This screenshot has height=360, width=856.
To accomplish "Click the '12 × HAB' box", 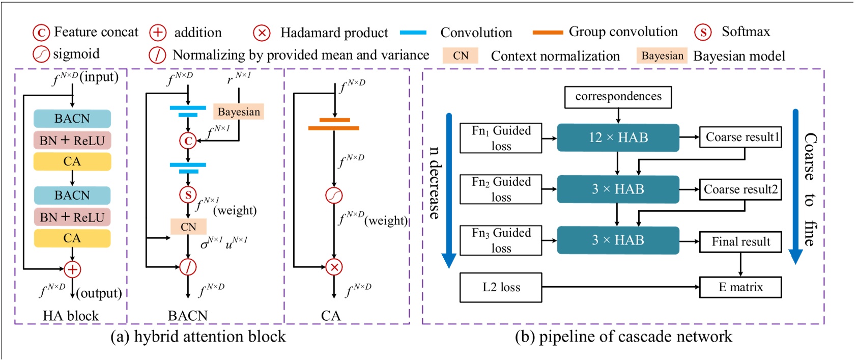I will [618, 137].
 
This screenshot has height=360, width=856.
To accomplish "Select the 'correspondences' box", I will [618, 97].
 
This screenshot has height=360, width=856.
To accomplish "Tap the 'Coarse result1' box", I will [740, 137].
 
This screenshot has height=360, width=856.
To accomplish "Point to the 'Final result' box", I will [740, 241].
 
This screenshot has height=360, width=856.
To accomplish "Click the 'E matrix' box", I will [740, 287].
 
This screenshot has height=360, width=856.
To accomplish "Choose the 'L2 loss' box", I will [501, 287].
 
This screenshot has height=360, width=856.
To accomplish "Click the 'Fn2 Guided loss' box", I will [501, 189].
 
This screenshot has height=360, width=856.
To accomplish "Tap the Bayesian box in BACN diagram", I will [239, 112].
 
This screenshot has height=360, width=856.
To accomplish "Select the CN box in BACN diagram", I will [188, 227].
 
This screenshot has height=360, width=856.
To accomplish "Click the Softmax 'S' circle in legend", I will [703, 33].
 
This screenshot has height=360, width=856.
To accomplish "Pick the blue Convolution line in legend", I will [413, 33].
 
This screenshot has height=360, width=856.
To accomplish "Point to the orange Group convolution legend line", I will [548, 33].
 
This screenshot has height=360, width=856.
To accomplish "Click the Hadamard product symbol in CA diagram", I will [334, 267].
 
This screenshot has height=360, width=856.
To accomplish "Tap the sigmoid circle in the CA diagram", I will [334, 196].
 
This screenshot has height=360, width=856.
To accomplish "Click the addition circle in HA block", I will [72, 269].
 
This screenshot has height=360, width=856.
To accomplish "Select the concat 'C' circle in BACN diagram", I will [188, 141].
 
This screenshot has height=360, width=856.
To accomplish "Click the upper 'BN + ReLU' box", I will [72, 141].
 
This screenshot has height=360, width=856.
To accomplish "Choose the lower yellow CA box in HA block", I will [72, 238].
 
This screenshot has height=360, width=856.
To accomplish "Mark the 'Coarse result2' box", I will [740, 189].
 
